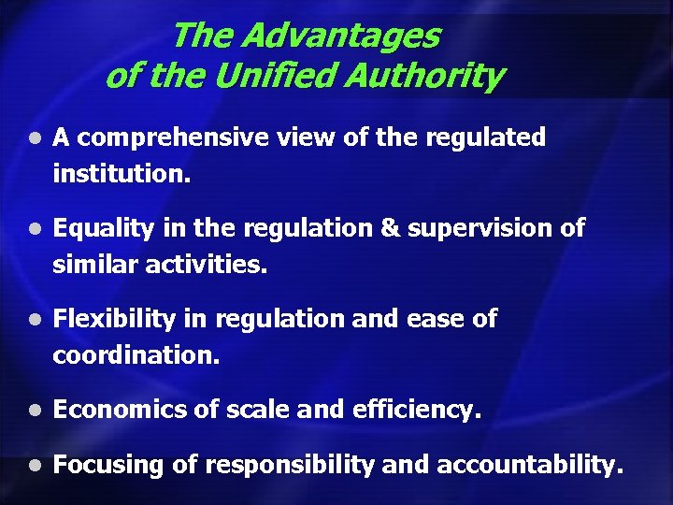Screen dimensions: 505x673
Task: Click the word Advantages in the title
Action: coord(340,36)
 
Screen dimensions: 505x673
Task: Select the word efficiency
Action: coord(427,410)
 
